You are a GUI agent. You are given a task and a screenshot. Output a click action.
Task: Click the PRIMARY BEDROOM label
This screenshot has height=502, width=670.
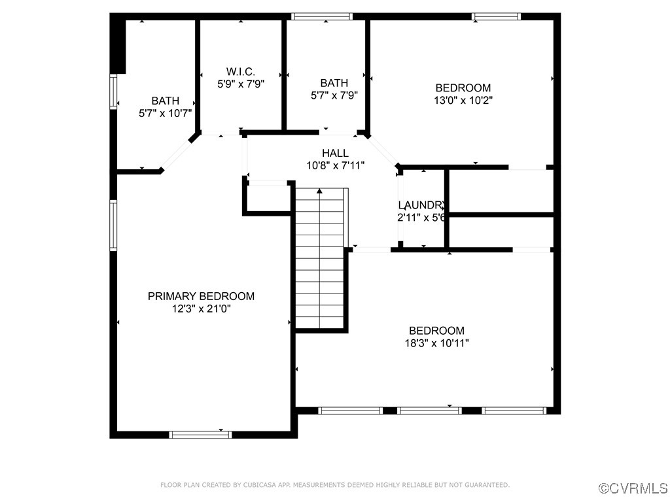point(201,296)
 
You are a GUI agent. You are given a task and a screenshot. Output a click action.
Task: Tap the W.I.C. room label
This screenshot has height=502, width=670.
point(240,71)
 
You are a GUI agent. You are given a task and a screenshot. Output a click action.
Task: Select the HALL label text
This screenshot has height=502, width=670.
point(335,153)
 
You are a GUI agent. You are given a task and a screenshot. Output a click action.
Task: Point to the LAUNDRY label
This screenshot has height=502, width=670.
point(422,205)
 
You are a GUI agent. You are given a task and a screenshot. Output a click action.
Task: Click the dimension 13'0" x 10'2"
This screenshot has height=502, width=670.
point(463,101)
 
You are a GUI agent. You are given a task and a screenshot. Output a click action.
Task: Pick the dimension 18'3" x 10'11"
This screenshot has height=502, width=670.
point(436,343)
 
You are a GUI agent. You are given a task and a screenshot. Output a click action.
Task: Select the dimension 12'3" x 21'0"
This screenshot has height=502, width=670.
point(201,309)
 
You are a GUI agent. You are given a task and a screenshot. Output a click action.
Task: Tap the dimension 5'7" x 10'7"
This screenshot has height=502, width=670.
point(165,113)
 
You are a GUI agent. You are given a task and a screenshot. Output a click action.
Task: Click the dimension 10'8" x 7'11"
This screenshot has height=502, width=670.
point(335,165)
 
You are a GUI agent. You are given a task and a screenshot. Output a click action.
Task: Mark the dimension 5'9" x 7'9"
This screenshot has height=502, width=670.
point(240,84)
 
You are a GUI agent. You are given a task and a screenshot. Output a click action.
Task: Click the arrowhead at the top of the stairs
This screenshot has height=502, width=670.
point(319,191)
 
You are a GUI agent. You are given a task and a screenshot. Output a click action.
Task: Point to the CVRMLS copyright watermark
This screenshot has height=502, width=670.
point(633,488)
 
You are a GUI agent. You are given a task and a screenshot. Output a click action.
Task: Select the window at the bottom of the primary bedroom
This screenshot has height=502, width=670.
point(200,434)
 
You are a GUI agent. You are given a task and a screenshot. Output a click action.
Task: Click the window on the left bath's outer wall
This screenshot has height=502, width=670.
point(113,92)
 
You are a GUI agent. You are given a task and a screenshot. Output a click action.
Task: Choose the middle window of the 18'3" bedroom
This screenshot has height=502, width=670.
point(429,410)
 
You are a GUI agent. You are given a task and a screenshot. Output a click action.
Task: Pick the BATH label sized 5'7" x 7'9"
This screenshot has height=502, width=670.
point(334,83)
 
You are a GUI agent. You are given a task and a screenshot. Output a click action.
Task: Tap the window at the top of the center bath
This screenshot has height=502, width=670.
point(321,16)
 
